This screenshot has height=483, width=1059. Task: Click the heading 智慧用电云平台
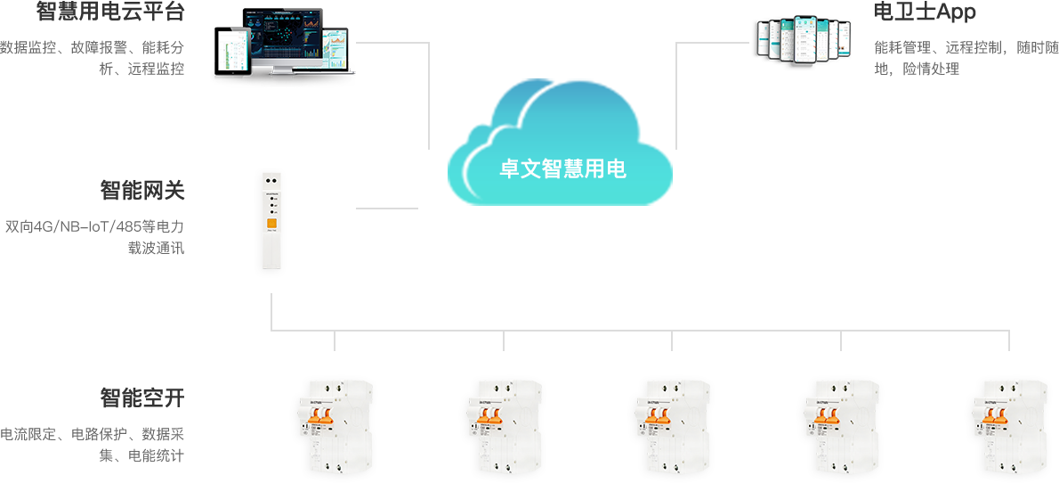(x=111, y=12)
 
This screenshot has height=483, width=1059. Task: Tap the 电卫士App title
(x=925, y=12)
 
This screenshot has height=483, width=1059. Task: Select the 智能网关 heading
(x=142, y=191)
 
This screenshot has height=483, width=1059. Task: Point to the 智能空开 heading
(x=142, y=397)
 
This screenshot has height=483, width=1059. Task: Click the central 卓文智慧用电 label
(x=562, y=169)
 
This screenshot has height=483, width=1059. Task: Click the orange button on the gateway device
(x=271, y=225)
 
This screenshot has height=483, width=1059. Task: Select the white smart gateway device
(x=270, y=222)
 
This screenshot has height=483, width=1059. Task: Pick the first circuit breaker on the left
(x=334, y=428)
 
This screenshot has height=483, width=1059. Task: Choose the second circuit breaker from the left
(x=503, y=428)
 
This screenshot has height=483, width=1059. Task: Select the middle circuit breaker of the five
(x=671, y=428)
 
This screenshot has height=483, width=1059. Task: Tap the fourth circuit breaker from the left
(x=840, y=428)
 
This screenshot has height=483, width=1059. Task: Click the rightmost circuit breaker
(x=1009, y=428)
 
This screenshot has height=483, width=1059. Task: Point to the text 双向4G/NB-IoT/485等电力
(x=95, y=227)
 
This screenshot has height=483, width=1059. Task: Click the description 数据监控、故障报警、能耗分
(x=93, y=47)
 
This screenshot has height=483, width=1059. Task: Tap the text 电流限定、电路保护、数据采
(x=93, y=435)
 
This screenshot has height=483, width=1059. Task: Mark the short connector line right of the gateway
(x=386, y=209)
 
